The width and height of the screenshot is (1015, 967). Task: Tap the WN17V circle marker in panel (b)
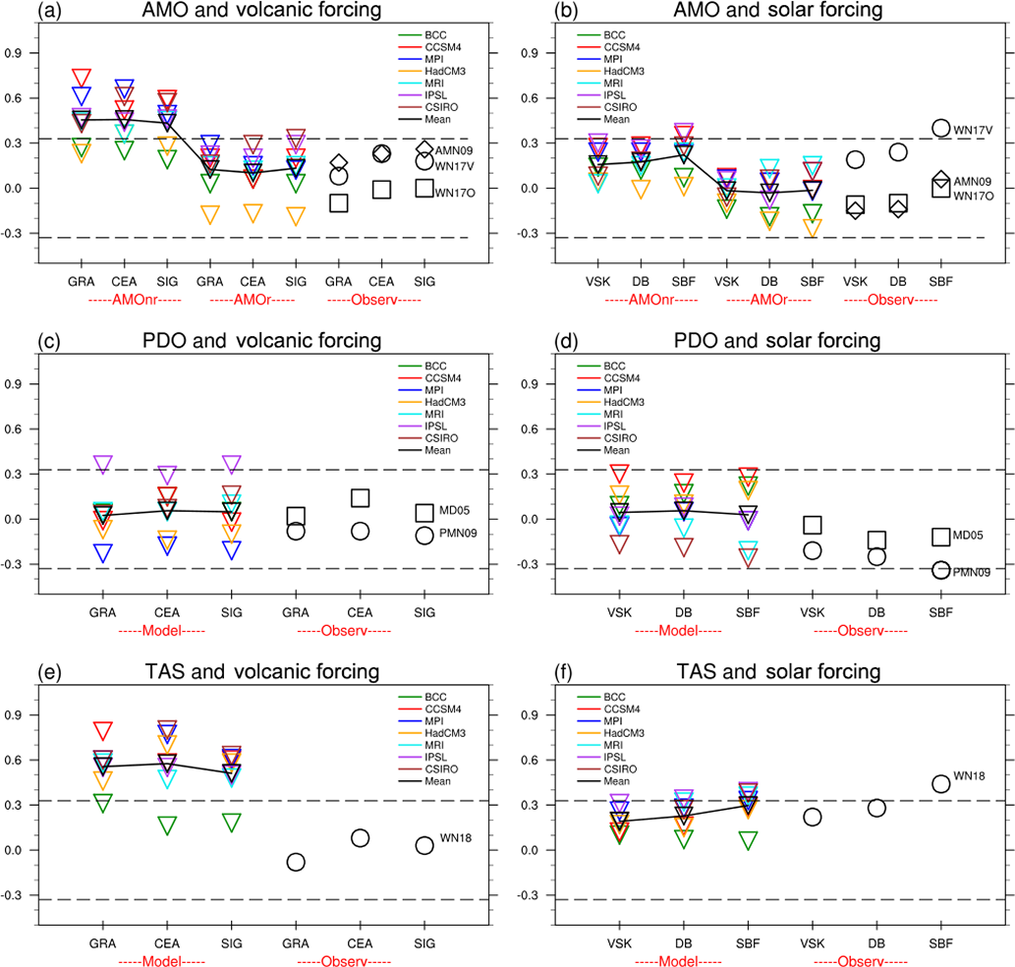[940, 128]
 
